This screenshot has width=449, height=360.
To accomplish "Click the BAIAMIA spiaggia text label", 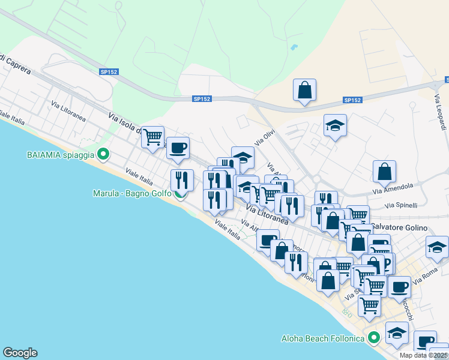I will click(x=61, y=154).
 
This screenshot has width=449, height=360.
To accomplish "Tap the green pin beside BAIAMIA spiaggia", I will click(x=103, y=154).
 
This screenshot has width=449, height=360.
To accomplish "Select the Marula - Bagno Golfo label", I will click(x=132, y=193).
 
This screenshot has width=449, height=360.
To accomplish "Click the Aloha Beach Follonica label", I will click(x=323, y=338).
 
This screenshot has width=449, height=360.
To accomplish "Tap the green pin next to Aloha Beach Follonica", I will click(x=373, y=338).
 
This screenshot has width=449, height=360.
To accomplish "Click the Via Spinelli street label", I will click(x=401, y=205).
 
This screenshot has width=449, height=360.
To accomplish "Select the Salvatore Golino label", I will click(x=399, y=228).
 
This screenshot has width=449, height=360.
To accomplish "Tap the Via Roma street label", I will click(x=426, y=272).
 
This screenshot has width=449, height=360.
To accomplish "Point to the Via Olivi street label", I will click(x=265, y=137).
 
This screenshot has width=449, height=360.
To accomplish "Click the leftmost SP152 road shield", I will click(x=109, y=72).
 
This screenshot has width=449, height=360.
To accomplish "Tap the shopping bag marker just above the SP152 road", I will click(x=305, y=90).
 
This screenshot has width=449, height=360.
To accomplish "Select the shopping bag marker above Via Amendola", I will click(x=384, y=172).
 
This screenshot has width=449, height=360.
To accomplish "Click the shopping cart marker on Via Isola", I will click(x=153, y=137).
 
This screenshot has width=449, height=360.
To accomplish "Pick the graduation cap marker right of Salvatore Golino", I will click(x=437, y=247).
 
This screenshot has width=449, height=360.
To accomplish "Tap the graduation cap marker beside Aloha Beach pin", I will click(x=397, y=332).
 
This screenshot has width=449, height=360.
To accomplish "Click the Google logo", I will click(x=20, y=353).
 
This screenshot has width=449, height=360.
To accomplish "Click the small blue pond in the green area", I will click(x=294, y=47).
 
